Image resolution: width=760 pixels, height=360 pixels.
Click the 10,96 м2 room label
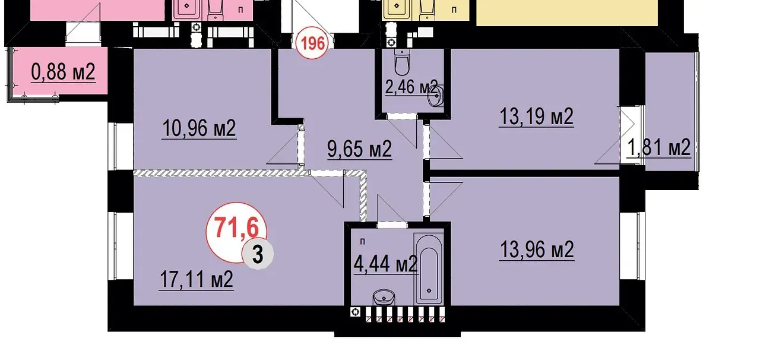(x=199, y=128)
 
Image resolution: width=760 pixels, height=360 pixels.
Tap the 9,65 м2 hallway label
(x=360, y=149)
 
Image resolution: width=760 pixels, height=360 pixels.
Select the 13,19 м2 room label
(x=536, y=116)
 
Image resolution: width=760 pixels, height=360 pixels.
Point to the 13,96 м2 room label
(x=537, y=250)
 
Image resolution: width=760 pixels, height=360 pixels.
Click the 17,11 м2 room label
(x=196, y=279)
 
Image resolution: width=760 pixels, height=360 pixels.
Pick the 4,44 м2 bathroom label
(x=385, y=264)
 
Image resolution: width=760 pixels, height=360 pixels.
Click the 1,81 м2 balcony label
(x=658, y=147)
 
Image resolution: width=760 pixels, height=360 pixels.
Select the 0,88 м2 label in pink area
(x=63, y=72)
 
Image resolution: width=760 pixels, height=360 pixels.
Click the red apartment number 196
(x=312, y=43)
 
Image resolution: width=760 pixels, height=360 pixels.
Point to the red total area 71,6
(x=236, y=228)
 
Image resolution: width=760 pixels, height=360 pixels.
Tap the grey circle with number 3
(x=258, y=254)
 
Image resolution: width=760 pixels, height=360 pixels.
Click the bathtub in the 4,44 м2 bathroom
(x=429, y=269)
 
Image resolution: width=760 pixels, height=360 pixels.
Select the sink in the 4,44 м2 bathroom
(x=384, y=298)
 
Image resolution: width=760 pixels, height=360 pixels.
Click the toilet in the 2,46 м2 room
(x=403, y=63)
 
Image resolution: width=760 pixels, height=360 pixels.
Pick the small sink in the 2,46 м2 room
(x=436, y=96)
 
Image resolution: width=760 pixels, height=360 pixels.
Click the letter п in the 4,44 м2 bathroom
(x=363, y=242)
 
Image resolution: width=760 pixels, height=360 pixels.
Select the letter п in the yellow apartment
(x=454, y=10)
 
